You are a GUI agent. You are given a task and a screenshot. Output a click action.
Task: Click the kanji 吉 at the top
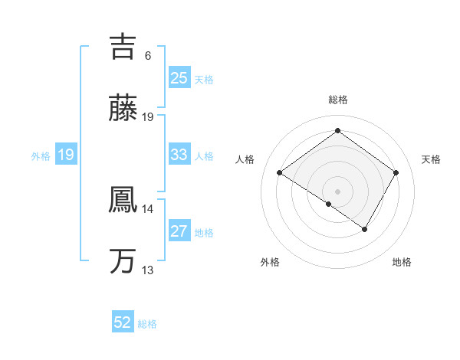tap(123, 46)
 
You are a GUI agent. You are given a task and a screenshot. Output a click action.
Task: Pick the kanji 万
tap(123, 261)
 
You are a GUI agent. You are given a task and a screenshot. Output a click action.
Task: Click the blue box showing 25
tap(179, 78)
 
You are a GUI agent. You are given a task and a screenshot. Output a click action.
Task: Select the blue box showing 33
tap(179, 155)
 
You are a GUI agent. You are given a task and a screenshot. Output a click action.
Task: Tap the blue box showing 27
tap(179, 231)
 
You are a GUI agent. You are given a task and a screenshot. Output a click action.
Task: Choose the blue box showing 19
tap(65, 155)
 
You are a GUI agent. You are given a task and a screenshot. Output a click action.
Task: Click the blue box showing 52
tap(123, 322)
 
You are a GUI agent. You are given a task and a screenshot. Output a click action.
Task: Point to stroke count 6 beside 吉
tap(148, 56)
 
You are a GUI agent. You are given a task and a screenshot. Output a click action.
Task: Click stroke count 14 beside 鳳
tap(148, 208)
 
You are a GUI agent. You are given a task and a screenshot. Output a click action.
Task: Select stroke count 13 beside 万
tap(148, 270)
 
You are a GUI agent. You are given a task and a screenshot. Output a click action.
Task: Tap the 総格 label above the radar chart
tap(337, 100)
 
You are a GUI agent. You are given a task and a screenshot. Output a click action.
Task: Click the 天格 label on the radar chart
tap(431, 159)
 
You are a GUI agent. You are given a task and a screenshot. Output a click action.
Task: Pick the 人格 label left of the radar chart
tap(245, 159)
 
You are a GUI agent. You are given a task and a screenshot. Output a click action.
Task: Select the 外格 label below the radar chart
tap(270, 263)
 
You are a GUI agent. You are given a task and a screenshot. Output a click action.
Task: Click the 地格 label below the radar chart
tap(402, 263)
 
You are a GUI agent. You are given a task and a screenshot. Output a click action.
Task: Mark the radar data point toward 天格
tap(396, 173)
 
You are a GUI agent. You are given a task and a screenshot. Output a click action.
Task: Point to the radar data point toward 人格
tap(280, 173)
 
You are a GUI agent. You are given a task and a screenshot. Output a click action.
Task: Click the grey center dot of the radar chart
tap(337, 191)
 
